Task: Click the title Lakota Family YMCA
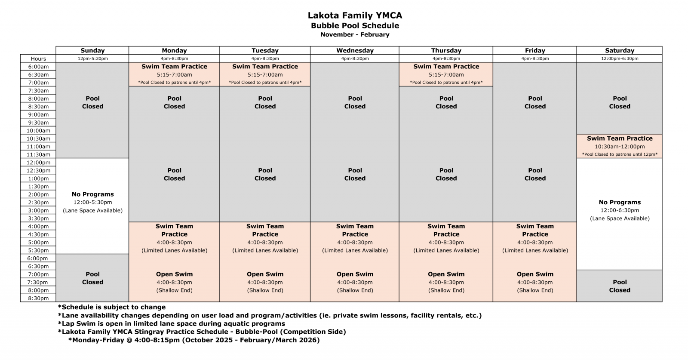[x=355, y=15]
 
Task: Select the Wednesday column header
[x=355, y=50]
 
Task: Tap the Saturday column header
[x=619, y=50]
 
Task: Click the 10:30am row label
[x=38, y=138]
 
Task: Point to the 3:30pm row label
[x=38, y=218]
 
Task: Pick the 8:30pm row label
[x=38, y=298]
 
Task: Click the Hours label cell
[x=38, y=58]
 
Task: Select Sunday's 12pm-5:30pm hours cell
[x=92, y=58]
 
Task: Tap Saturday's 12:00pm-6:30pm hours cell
[x=619, y=58]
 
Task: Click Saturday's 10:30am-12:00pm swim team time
[x=619, y=147]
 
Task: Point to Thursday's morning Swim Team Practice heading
[x=446, y=67]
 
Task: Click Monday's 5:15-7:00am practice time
[x=174, y=74]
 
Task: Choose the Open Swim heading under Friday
[x=535, y=274]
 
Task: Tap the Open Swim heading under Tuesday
[x=265, y=274]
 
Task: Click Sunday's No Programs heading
[x=92, y=194]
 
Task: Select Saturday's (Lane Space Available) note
[x=619, y=218]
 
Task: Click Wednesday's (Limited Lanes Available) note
[x=355, y=250]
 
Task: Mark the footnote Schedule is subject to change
[x=112, y=307]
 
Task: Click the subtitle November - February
[x=355, y=34]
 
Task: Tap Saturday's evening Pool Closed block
[x=619, y=286]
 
